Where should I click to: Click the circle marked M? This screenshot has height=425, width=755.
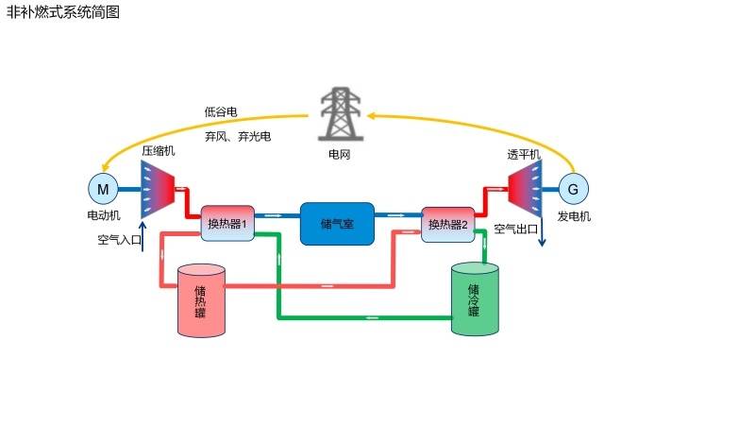(x=103, y=190)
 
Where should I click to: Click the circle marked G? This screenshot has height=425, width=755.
(x=572, y=190)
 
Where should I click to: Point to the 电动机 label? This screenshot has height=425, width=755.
(x=103, y=216)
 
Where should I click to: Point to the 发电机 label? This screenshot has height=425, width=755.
(x=573, y=216)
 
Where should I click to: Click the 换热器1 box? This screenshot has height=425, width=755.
(x=227, y=224)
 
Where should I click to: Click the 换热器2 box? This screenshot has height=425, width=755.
(x=447, y=224)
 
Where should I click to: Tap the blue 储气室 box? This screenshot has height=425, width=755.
(x=337, y=224)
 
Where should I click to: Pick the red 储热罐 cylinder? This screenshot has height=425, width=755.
(x=201, y=300)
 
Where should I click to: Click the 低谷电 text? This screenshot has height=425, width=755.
(x=221, y=111)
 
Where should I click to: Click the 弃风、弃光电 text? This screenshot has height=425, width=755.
(x=238, y=136)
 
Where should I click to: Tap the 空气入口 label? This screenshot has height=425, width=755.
(x=119, y=240)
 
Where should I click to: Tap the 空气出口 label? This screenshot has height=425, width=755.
(x=515, y=229)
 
